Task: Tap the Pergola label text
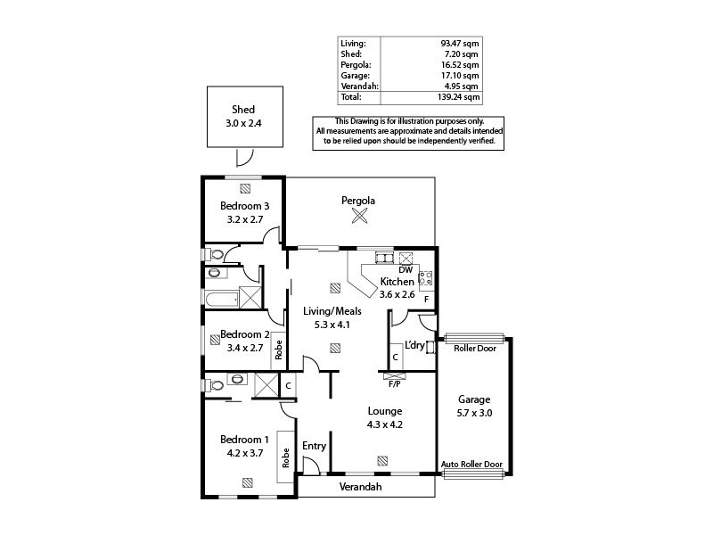(x=358, y=201)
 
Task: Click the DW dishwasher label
(x=405, y=269)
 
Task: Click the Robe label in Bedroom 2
(x=278, y=348)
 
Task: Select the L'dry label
(x=414, y=345)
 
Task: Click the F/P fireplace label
(x=394, y=384)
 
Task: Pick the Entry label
(x=314, y=446)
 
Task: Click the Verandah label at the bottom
(x=361, y=487)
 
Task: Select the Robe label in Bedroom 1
(x=286, y=458)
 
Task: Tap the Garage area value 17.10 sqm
(x=462, y=76)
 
